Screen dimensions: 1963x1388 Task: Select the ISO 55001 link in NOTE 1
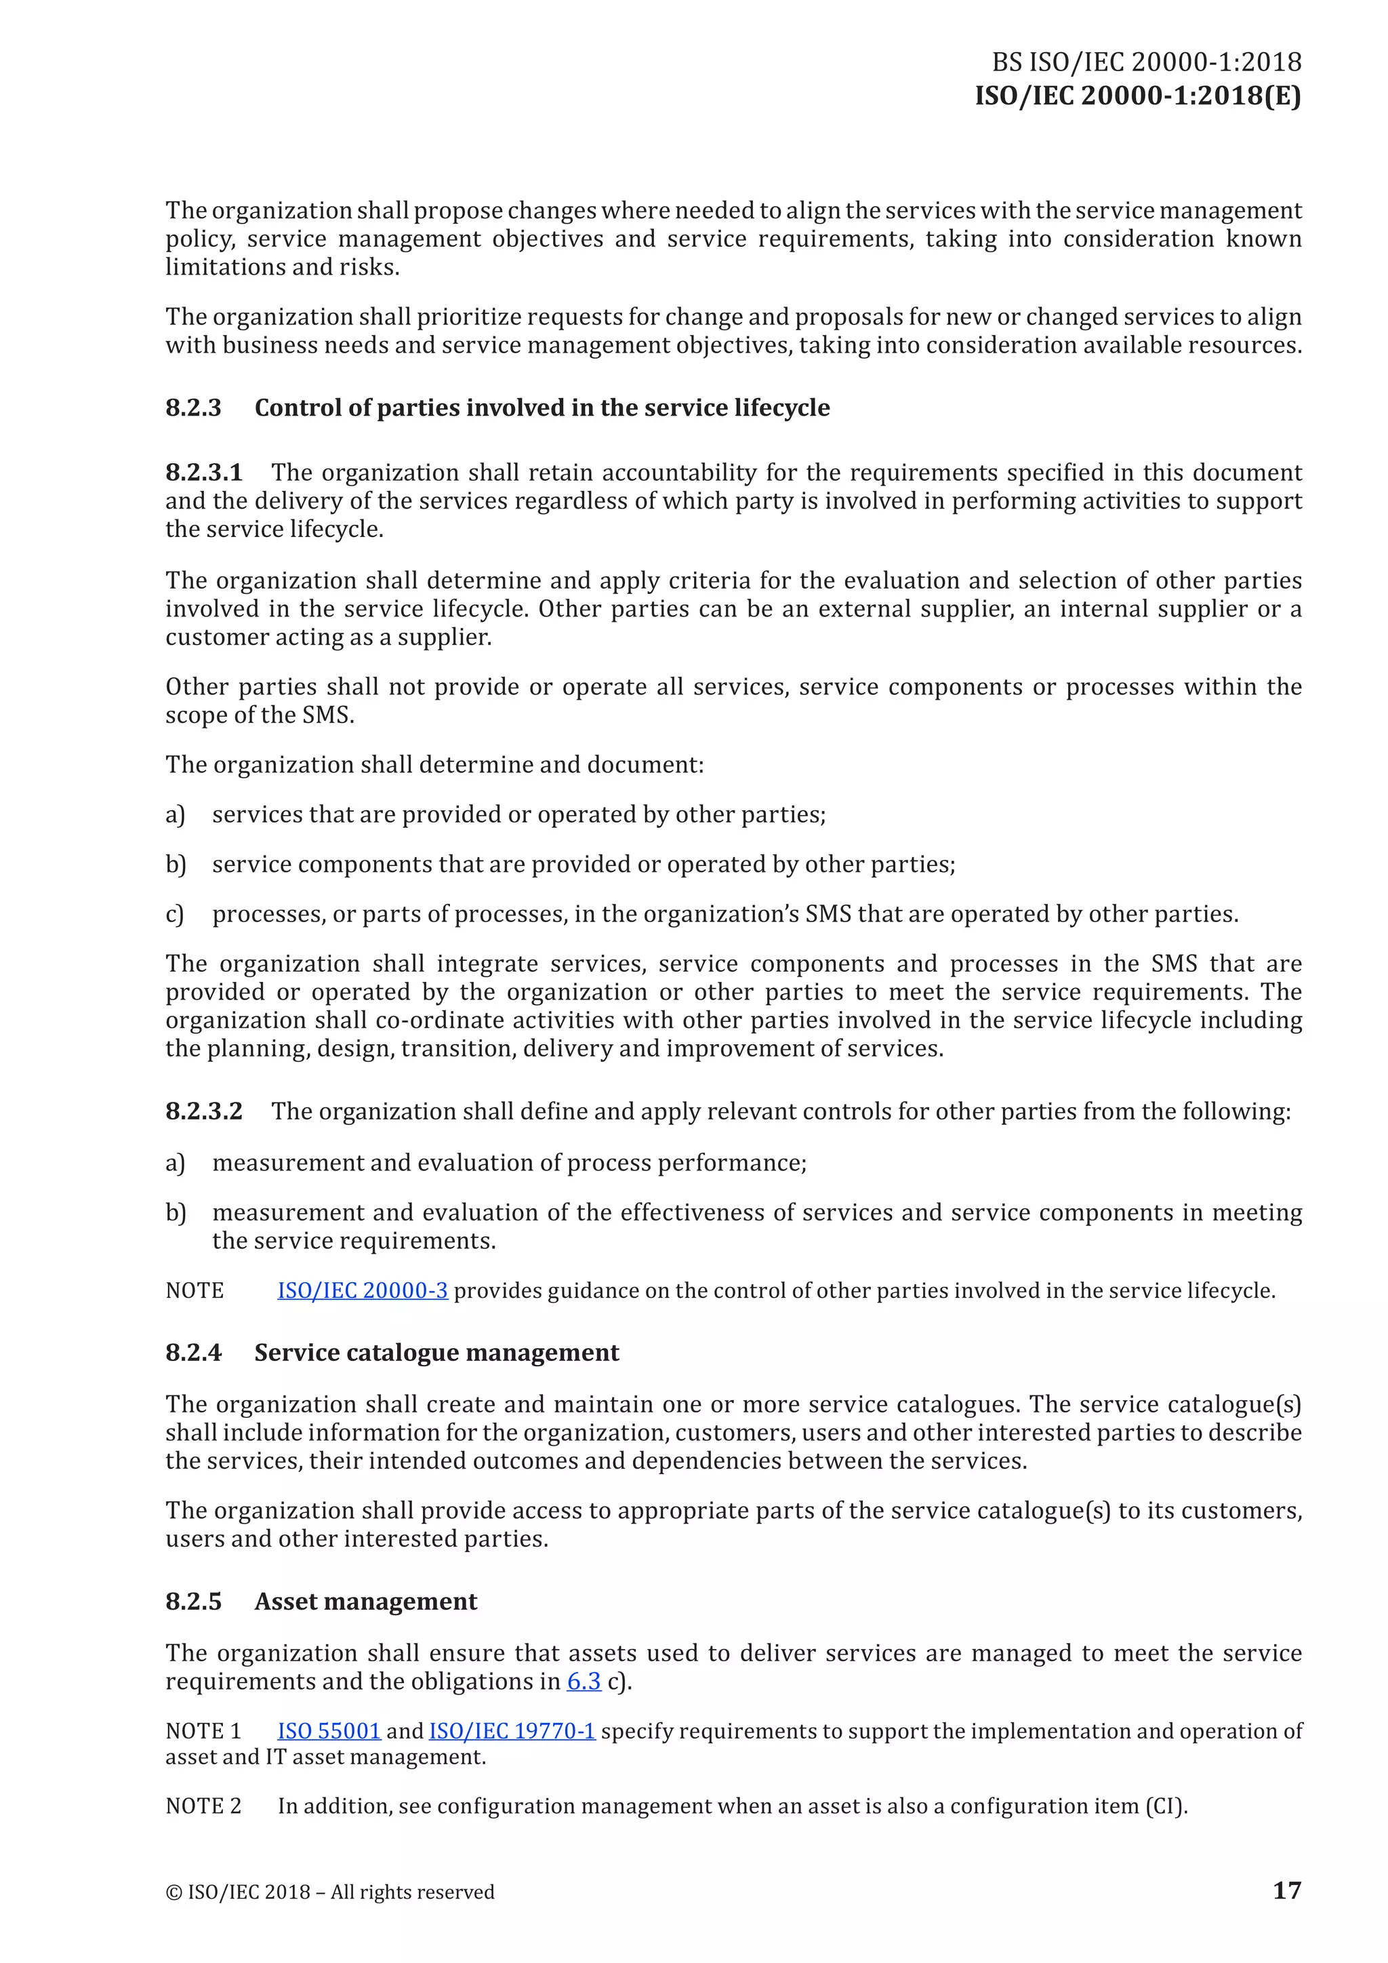(328, 1730)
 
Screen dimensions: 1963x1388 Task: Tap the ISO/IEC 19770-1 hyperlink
(511, 1730)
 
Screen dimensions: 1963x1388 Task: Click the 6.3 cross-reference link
(583, 1681)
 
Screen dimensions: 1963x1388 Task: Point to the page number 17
(1286, 1890)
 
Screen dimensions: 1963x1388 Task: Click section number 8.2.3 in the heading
(193, 408)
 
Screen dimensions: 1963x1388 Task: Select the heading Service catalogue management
(436, 1353)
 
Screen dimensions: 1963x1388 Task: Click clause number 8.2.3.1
(203, 472)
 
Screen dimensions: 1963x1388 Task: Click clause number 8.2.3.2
(203, 1111)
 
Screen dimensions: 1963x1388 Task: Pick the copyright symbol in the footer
(173, 1892)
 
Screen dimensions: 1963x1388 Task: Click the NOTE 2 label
(203, 1806)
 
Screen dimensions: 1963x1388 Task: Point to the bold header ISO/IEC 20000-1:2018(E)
(1138, 95)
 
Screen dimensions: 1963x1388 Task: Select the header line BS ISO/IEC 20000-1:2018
(1146, 62)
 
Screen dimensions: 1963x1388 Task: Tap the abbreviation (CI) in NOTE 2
(1165, 1806)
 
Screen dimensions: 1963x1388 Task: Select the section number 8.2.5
(193, 1602)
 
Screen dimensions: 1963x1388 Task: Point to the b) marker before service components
(176, 865)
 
